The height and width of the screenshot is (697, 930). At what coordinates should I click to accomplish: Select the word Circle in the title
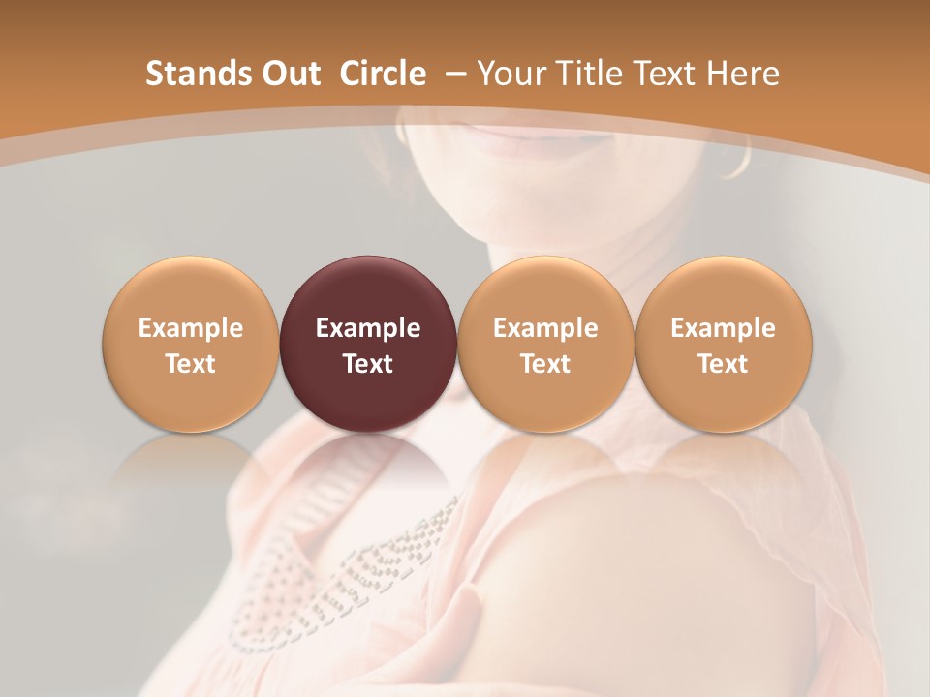pyautogui.click(x=383, y=74)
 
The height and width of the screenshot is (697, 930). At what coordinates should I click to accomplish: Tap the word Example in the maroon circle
pyautogui.click(x=368, y=328)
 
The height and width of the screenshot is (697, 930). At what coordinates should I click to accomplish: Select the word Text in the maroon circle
pyautogui.click(x=368, y=364)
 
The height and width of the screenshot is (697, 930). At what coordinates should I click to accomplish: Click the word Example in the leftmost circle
pyautogui.click(x=190, y=328)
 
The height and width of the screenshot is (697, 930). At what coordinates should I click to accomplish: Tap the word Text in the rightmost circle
pyautogui.click(x=724, y=364)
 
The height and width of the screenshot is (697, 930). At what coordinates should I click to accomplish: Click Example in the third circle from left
pyautogui.click(x=545, y=328)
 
